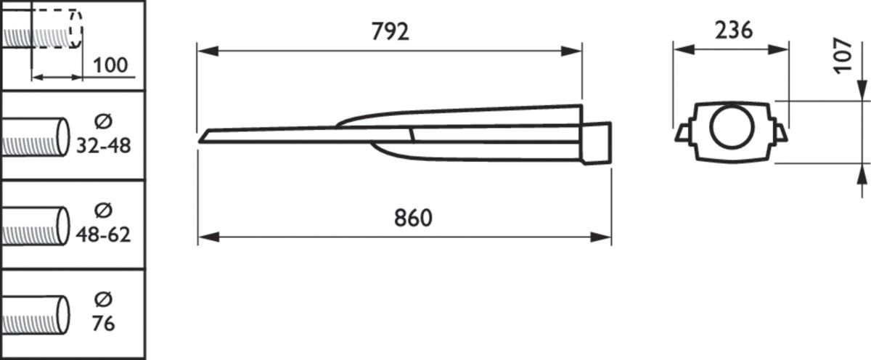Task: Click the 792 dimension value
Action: click(x=390, y=32)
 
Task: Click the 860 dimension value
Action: click(x=413, y=218)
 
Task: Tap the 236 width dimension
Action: click(x=734, y=30)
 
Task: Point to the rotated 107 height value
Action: click(x=843, y=55)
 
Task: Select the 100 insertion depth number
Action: click(x=110, y=65)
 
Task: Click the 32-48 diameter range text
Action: click(x=103, y=146)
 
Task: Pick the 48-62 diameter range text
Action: click(x=103, y=235)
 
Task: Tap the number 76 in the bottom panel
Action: click(x=103, y=324)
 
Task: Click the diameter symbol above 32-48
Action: click(x=103, y=122)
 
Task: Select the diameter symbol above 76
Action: click(x=103, y=299)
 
